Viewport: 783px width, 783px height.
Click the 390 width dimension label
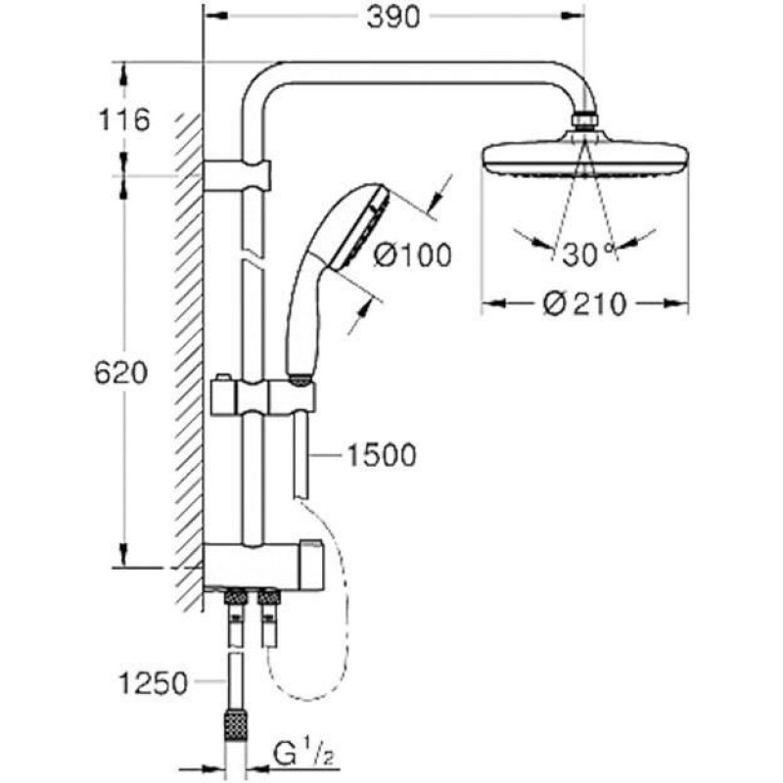[393, 19]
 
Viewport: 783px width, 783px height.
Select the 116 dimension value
[124, 120]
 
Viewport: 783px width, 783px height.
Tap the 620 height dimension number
[121, 373]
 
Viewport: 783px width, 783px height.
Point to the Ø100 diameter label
[413, 254]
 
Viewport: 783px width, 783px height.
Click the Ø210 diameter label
[584, 304]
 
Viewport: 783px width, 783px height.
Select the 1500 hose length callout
[381, 455]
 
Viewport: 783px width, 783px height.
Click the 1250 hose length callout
[153, 683]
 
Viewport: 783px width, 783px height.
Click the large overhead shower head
[585, 154]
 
